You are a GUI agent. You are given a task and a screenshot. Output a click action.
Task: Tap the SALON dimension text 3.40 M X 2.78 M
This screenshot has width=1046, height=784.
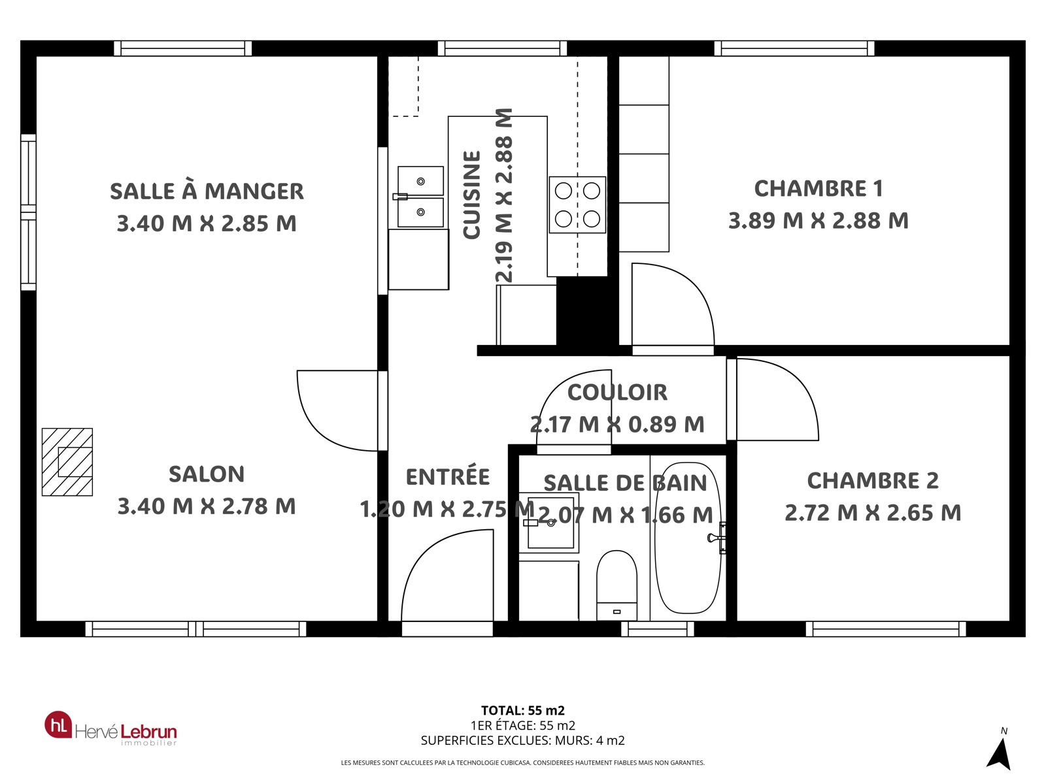(x=207, y=506)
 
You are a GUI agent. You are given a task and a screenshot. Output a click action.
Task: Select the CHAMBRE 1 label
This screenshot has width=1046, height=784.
(x=818, y=189)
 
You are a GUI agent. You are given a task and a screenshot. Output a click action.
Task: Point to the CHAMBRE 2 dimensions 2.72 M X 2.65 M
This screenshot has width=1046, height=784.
(x=873, y=513)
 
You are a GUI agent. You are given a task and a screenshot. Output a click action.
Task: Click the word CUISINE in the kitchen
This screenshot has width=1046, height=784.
(x=472, y=195)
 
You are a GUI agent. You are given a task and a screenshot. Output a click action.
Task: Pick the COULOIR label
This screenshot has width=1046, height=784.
(x=617, y=392)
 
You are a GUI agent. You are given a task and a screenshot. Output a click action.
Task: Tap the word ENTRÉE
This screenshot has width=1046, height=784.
(x=447, y=476)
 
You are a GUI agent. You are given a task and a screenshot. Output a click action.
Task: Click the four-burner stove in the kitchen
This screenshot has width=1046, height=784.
(x=577, y=204)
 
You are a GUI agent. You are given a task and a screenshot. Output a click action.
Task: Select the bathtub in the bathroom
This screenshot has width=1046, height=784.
(x=688, y=538)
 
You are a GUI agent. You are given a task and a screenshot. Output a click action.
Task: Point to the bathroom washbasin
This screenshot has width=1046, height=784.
(x=549, y=523)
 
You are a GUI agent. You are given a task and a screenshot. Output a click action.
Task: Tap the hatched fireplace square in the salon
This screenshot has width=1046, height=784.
(x=67, y=462)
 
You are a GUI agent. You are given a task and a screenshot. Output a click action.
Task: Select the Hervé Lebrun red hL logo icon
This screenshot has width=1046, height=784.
(x=58, y=725)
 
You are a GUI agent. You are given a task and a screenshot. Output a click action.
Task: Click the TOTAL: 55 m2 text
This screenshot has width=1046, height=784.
(x=523, y=711)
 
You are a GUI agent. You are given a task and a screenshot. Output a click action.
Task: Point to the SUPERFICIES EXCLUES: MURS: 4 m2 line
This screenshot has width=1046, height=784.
(x=523, y=741)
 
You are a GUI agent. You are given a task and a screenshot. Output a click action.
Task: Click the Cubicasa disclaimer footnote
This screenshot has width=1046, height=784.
(x=523, y=762)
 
